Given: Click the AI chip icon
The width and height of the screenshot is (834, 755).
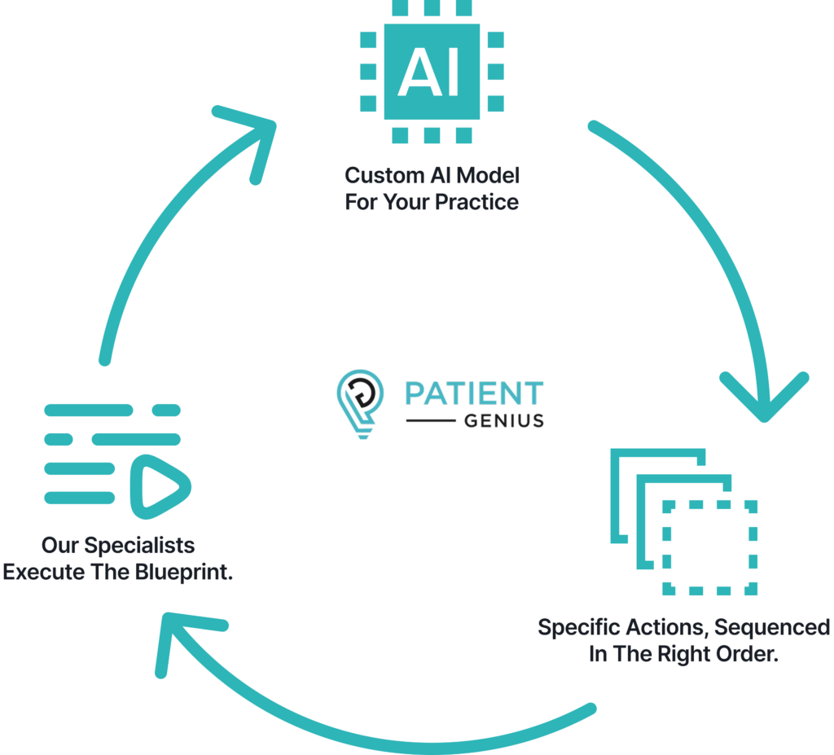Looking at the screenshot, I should point(432,72).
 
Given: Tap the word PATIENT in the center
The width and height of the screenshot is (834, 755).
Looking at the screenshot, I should point(474,394).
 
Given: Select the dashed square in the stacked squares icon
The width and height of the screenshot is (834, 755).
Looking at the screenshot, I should point(710,547).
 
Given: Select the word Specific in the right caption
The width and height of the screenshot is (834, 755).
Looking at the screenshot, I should point(577,628).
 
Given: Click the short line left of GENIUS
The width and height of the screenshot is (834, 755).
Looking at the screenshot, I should point(430,422).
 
